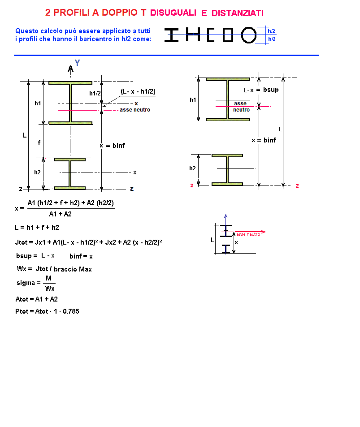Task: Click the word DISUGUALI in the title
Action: coord(173,13)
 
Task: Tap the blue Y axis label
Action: coord(78,63)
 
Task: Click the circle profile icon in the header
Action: coord(249,35)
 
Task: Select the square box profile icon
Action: coord(228,35)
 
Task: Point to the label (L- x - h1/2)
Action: coord(138,91)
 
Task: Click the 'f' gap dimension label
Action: coord(39,142)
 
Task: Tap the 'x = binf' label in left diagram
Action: coord(112,146)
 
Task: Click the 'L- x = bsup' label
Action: coord(261,90)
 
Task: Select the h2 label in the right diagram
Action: coord(192,168)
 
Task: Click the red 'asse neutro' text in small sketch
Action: coord(248,234)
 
